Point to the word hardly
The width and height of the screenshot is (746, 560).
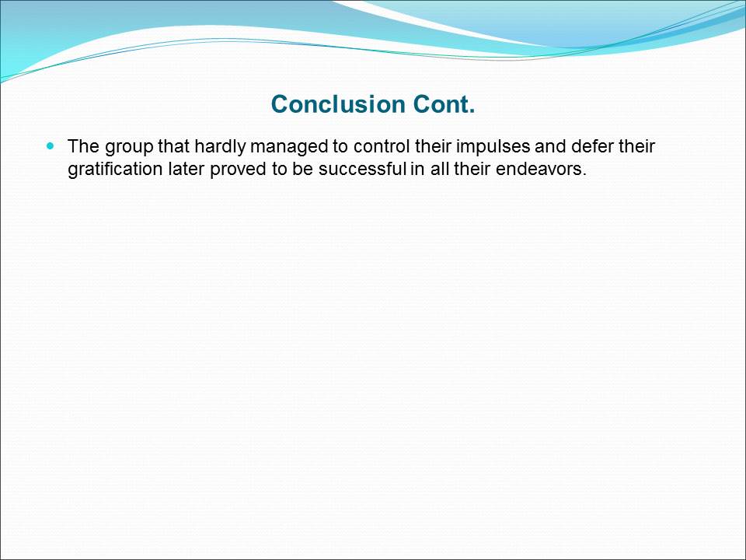220,147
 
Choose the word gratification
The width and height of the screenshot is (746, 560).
115,170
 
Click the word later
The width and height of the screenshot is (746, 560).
186,169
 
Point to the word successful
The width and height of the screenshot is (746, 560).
362,169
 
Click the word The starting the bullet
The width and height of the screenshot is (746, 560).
84,146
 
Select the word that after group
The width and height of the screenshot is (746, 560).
173,146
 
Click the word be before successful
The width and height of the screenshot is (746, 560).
302,169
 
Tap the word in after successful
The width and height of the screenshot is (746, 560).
417,169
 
